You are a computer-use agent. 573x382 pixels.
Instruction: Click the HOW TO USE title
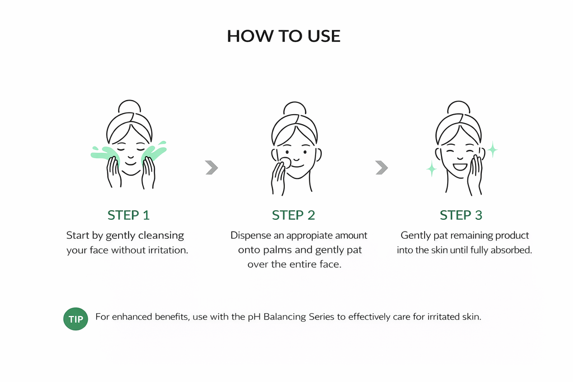(x=284, y=36)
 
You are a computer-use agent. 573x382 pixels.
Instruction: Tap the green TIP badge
(x=76, y=319)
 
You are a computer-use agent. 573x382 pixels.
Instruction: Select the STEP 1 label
(x=129, y=215)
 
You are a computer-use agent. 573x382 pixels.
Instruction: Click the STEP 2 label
(x=293, y=215)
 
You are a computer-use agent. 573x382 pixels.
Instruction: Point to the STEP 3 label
(x=461, y=215)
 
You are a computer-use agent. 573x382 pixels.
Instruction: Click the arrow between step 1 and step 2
(x=212, y=168)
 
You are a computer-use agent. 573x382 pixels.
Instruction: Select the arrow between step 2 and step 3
(x=382, y=168)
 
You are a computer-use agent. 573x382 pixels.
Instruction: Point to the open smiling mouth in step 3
(x=460, y=167)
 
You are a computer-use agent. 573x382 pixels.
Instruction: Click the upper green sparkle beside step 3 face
(x=492, y=149)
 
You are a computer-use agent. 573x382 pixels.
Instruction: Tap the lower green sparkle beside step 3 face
(x=431, y=169)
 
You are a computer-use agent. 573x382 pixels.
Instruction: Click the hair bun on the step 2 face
(x=294, y=109)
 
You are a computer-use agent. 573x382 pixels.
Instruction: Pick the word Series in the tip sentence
(x=322, y=317)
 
